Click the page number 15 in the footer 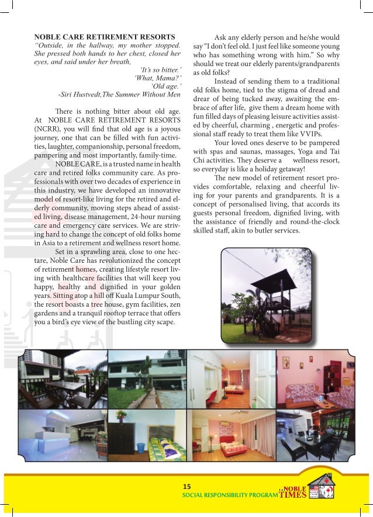(187, 486)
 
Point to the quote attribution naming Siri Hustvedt (119, 93)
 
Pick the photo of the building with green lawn (148, 379)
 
